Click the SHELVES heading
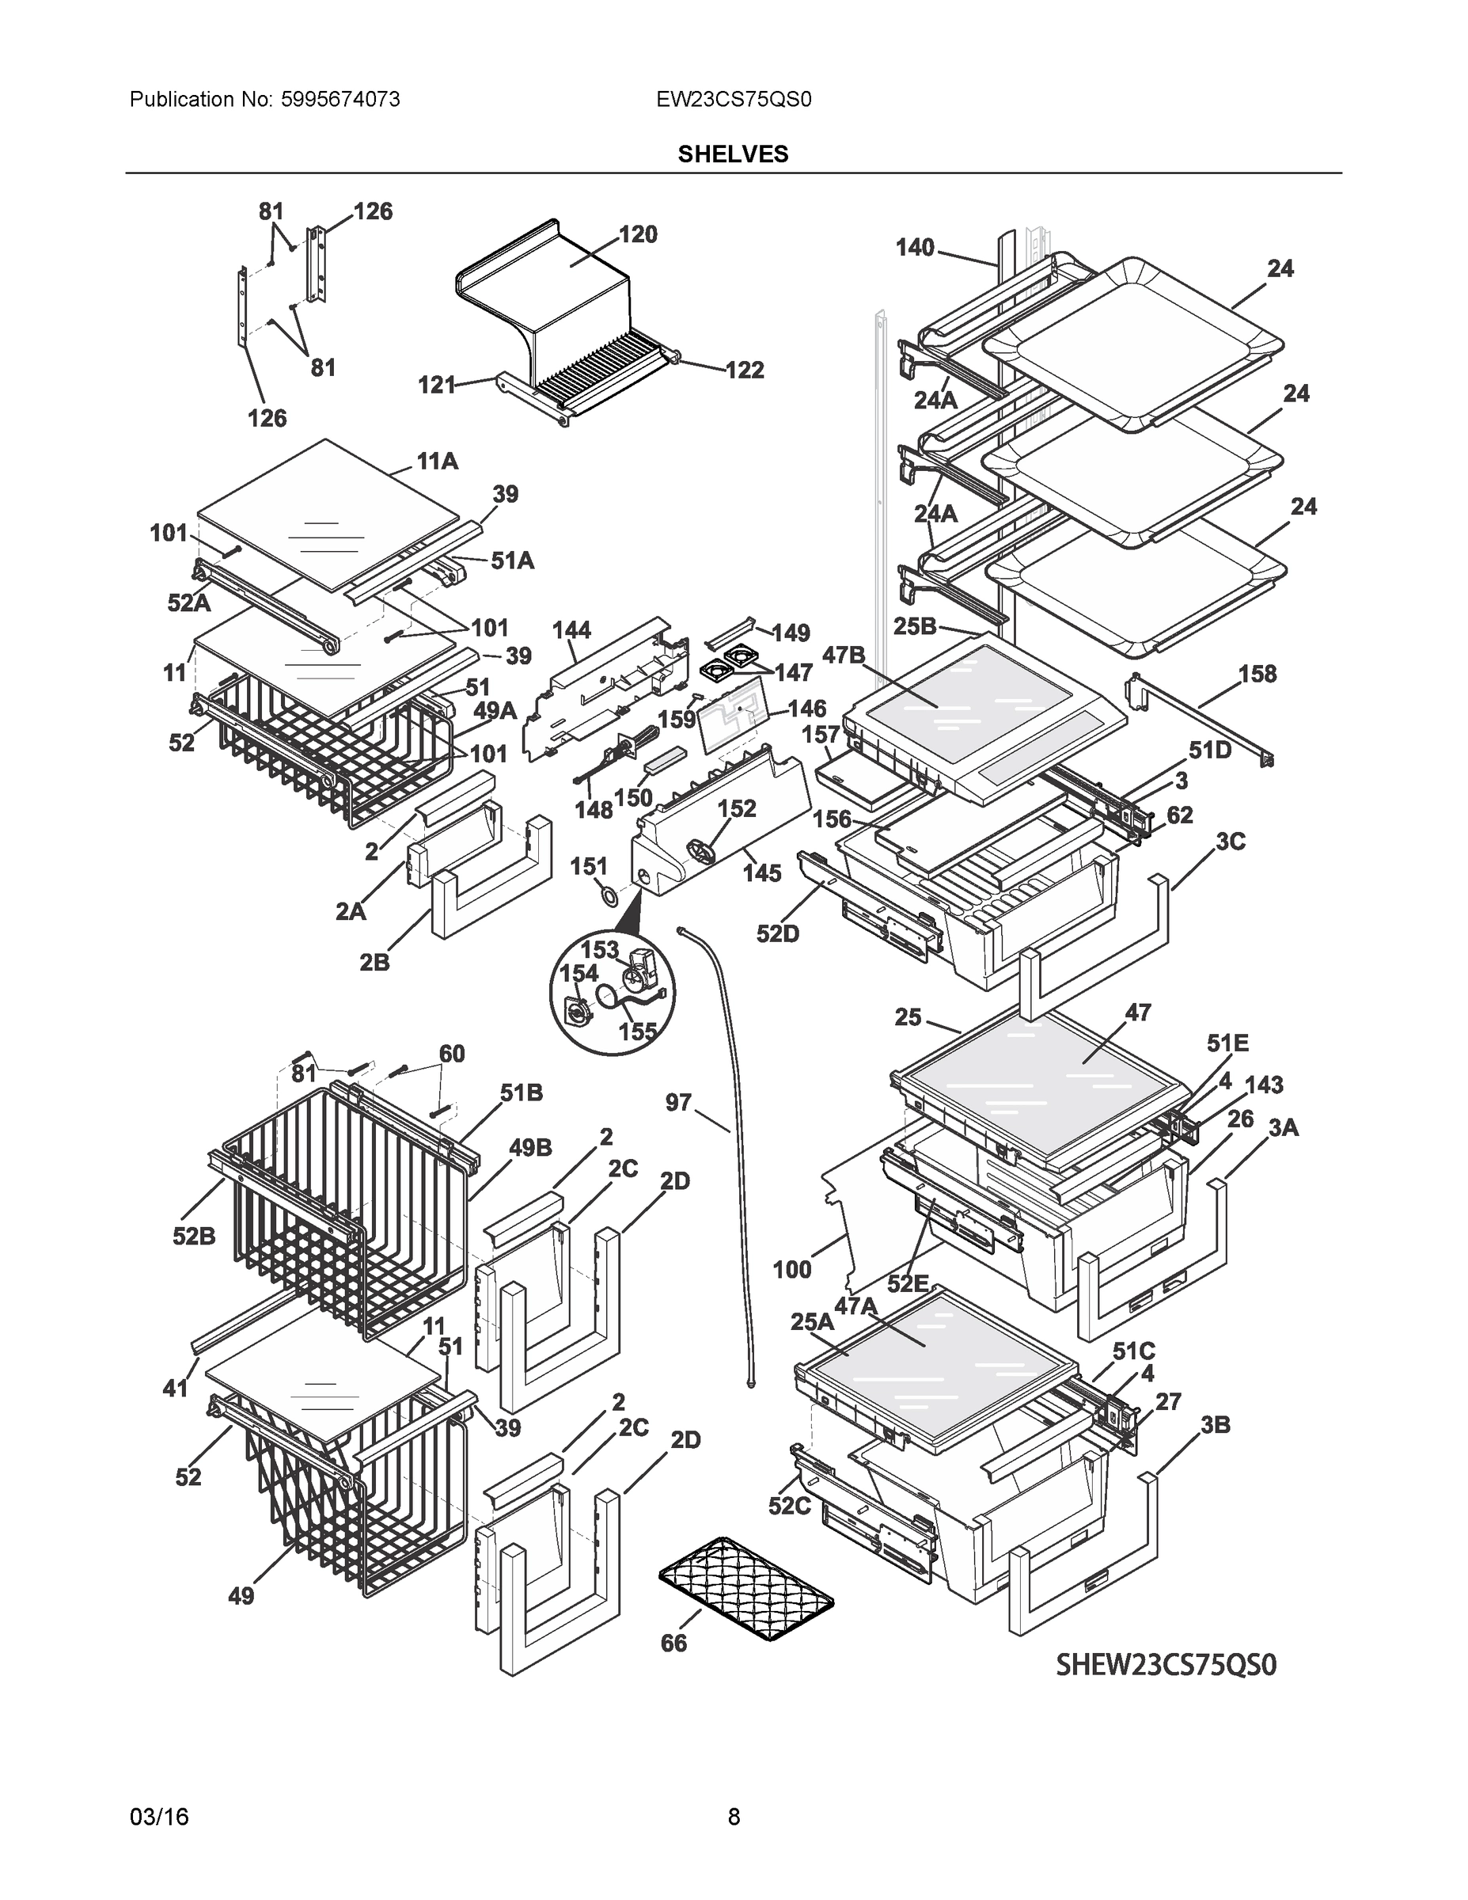coord(732,154)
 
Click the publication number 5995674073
coord(340,100)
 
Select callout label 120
coord(638,234)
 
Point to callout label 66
coord(673,1643)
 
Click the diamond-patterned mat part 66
coord(746,1590)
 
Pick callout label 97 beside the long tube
coord(677,1102)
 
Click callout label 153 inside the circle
coord(599,949)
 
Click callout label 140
coord(915,248)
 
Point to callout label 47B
coord(844,655)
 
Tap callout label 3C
coord(1230,842)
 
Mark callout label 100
coord(791,1269)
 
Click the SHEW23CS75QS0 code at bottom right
coord(1166,1664)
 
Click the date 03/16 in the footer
coord(159,1817)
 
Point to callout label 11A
coord(437,461)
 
